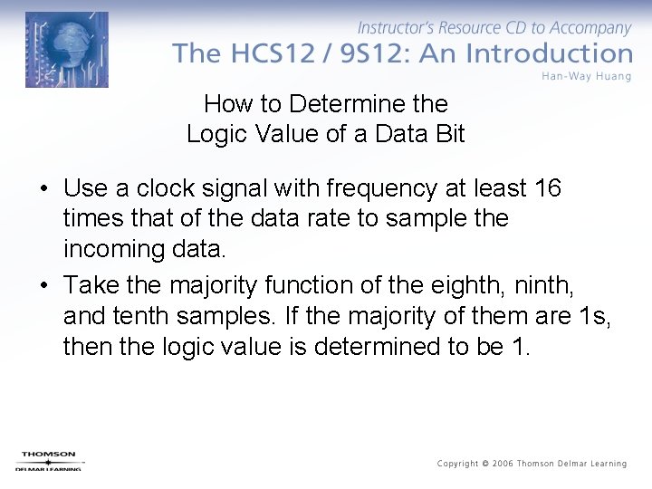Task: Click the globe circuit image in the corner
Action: tap(67, 50)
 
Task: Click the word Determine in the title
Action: tap(337, 104)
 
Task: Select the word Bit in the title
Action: tap(447, 135)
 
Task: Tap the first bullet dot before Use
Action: tap(43, 189)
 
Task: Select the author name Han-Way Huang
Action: tap(587, 75)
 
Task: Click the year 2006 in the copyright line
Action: tap(503, 464)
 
